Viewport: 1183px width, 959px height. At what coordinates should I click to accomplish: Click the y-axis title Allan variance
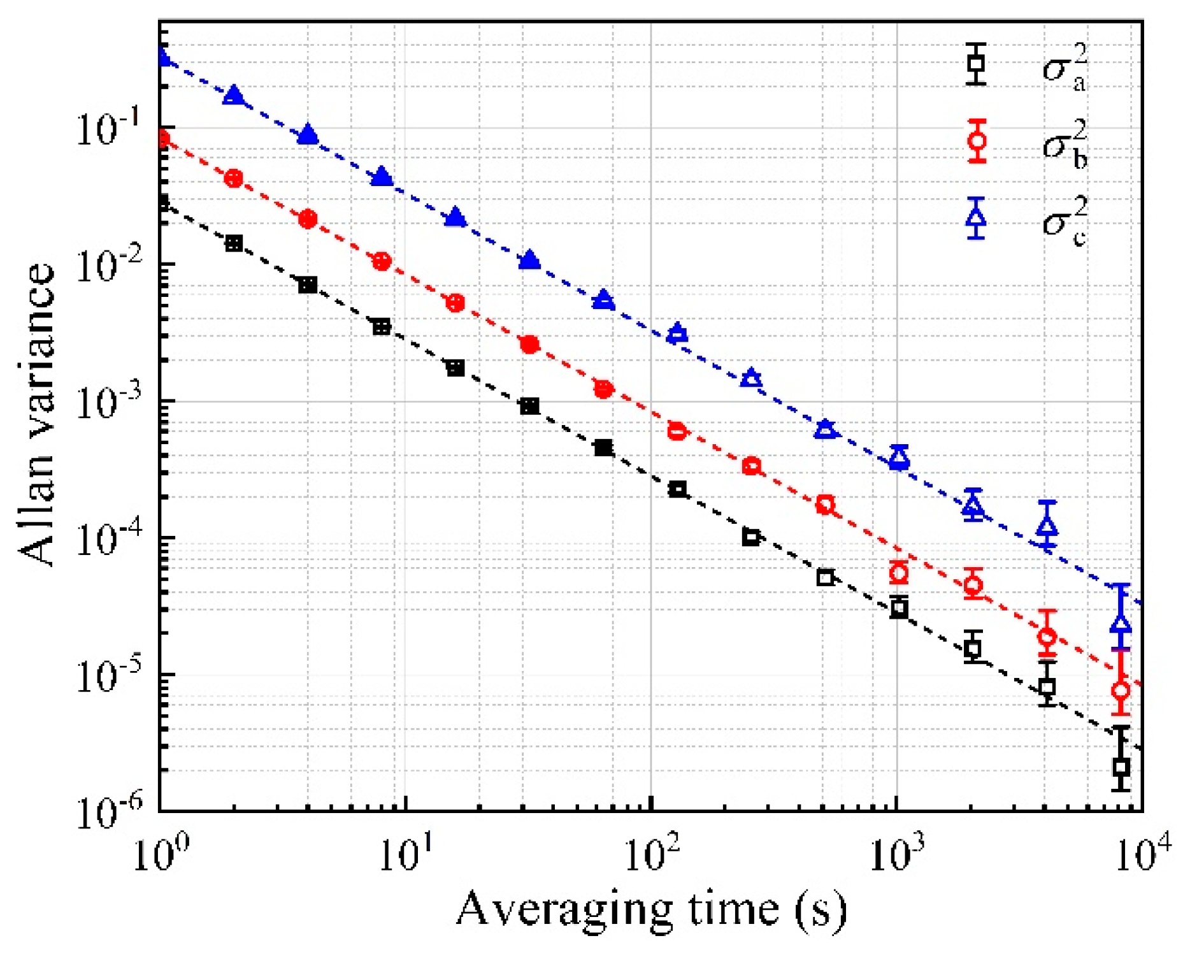coord(37,414)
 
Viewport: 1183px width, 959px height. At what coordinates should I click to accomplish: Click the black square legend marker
coord(975,64)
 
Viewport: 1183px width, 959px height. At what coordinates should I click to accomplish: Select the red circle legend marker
coord(976,141)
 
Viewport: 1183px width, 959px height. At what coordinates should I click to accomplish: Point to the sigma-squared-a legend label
coord(1065,68)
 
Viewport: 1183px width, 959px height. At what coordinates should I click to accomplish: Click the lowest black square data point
coord(1121,767)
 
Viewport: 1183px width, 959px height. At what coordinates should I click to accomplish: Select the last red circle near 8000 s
coord(1121,690)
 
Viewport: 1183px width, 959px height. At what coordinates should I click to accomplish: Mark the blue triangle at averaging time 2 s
coord(234,96)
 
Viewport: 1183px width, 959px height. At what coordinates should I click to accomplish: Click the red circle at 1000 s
coord(898,572)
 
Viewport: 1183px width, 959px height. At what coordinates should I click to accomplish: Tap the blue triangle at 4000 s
coord(1047,526)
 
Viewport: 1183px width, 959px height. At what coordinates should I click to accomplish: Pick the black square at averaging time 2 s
coord(234,243)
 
